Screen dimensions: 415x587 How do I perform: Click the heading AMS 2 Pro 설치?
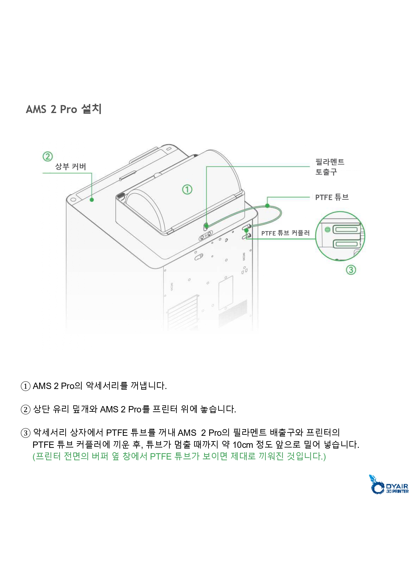pos(64,109)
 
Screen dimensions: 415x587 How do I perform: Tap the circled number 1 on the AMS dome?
pos(187,189)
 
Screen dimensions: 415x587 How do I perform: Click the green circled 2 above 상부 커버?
pos(48,156)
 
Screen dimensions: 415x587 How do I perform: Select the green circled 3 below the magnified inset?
pos(351,270)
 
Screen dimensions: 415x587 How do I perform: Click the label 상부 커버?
pos(71,167)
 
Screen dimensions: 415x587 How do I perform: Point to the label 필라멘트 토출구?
pos(330,167)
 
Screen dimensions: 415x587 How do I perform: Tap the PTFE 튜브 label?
pos(332,197)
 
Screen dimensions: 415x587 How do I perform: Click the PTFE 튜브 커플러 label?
pos(285,233)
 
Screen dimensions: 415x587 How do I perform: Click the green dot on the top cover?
pos(92,200)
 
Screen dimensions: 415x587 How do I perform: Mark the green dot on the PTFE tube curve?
pos(267,205)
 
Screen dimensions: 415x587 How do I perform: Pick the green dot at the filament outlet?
pos(206,226)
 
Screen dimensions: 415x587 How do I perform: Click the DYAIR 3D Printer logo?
pos(389,484)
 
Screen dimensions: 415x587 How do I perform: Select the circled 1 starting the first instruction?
pos(25,386)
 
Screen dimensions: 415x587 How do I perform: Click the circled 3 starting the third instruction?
pos(25,433)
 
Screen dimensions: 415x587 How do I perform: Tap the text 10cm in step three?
pos(243,445)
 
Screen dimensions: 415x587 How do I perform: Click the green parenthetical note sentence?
pos(179,457)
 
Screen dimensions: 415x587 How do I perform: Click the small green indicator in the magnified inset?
pos(328,229)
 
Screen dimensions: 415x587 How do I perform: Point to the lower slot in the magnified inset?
pos(346,244)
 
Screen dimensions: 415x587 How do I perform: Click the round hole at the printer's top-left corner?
pos(74,199)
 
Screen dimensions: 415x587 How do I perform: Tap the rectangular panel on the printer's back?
pos(226,293)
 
